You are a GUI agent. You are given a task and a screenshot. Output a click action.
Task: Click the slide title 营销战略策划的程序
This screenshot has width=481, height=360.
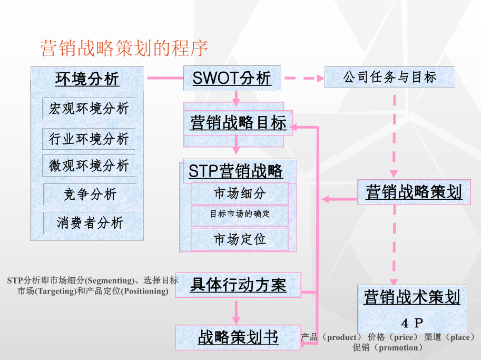(x=124, y=48)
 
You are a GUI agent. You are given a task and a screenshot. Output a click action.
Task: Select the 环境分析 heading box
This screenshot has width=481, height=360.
(x=87, y=79)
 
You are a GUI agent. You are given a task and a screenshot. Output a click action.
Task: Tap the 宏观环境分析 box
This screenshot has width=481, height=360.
(x=89, y=109)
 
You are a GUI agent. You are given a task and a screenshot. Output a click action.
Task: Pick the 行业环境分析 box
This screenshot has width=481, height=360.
(x=89, y=139)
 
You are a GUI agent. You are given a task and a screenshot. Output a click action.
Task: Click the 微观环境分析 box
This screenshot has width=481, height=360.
(x=89, y=166)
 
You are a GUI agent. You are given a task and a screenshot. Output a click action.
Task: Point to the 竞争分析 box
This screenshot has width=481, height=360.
(x=90, y=194)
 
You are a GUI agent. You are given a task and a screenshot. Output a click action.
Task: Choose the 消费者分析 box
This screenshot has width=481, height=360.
(x=90, y=223)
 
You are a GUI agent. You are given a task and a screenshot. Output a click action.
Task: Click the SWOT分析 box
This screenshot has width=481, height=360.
(x=232, y=78)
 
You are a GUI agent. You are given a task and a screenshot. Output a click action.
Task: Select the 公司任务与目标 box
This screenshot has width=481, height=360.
(x=389, y=77)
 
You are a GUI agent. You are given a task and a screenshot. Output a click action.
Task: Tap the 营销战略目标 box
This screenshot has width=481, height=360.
(x=238, y=123)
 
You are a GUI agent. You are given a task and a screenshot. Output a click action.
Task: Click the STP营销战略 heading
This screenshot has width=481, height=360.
(x=235, y=171)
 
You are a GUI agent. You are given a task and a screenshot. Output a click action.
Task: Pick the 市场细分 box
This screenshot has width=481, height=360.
(x=240, y=193)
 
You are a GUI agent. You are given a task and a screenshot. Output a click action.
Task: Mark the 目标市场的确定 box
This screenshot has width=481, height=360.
(x=240, y=214)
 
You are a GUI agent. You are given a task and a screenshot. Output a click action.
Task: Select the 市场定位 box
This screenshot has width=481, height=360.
(x=240, y=239)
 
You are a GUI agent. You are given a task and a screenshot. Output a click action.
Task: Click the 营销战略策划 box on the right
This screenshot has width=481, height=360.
(x=414, y=192)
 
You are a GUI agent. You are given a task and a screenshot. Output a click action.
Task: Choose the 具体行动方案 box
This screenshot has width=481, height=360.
(x=238, y=285)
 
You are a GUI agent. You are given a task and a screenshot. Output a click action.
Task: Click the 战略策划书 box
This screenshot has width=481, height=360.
(x=238, y=337)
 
